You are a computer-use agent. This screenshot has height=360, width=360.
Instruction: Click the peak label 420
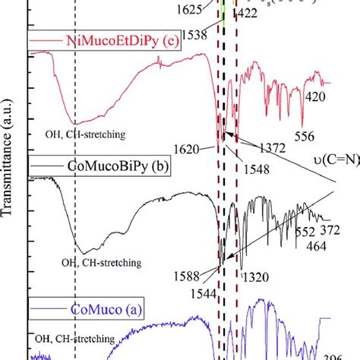[314, 96]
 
